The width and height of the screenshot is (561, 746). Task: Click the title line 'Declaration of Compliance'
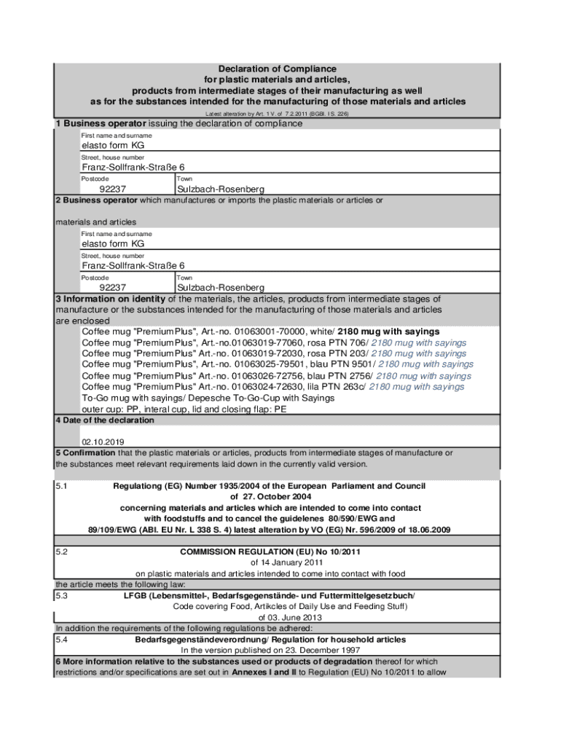coord(277,69)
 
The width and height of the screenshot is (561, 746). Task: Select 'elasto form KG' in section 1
coord(112,146)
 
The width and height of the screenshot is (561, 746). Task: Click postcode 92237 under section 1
coord(113,189)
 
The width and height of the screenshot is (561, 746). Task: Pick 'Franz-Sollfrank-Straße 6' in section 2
coord(133,266)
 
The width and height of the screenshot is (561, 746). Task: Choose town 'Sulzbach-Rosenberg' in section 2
coord(221,288)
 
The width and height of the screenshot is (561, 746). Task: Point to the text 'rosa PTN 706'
coord(340,342)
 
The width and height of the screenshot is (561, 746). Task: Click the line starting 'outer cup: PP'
coord(184,409)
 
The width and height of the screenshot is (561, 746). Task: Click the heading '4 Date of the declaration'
coord(105,420)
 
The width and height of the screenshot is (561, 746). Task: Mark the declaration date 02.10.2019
coord(103,441)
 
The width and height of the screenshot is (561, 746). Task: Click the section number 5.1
coord(62,486)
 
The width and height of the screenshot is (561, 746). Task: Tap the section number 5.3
coord(62,596)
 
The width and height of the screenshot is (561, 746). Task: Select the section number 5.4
coord(62,640)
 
